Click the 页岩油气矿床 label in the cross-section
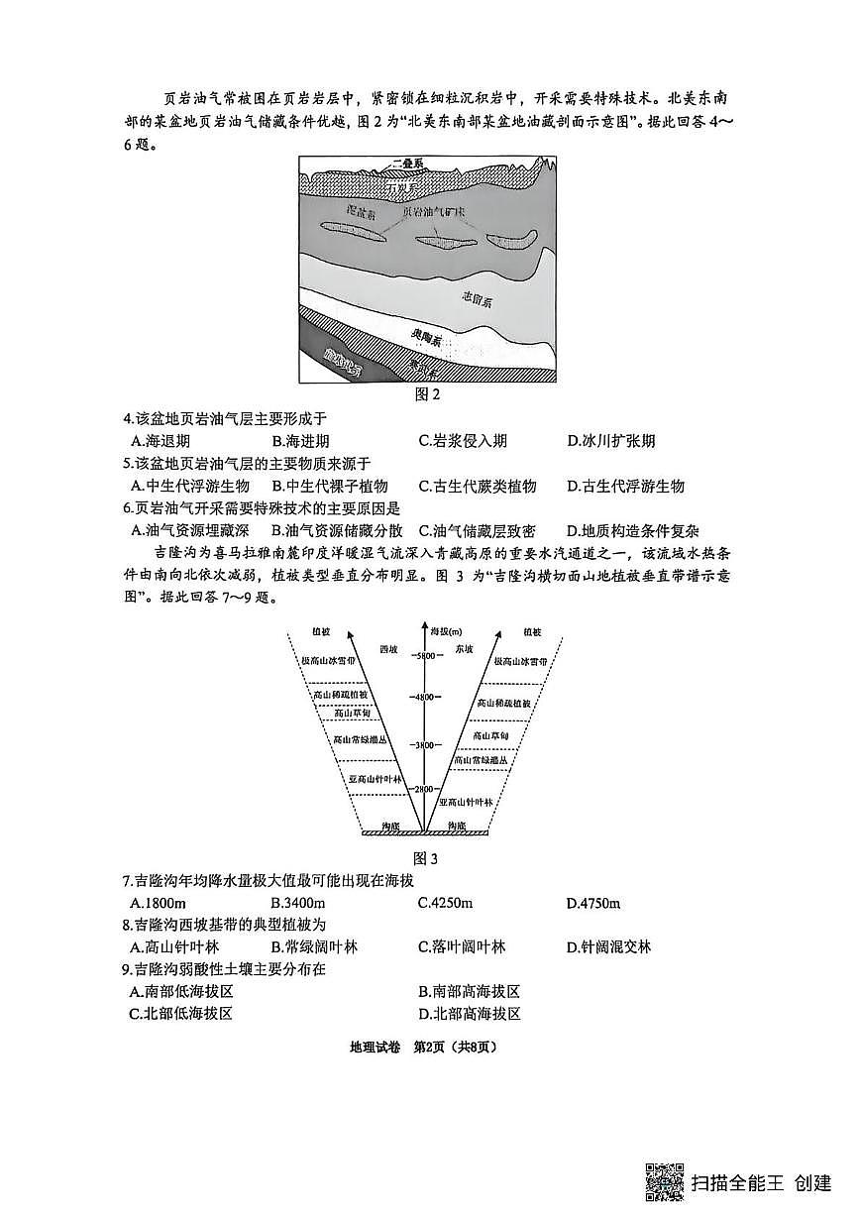tap(432, 212)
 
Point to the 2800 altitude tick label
tap(426, 789)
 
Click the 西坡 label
tap(389, 649)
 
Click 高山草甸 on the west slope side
tap(353, 713)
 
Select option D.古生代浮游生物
tap(625, 486)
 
